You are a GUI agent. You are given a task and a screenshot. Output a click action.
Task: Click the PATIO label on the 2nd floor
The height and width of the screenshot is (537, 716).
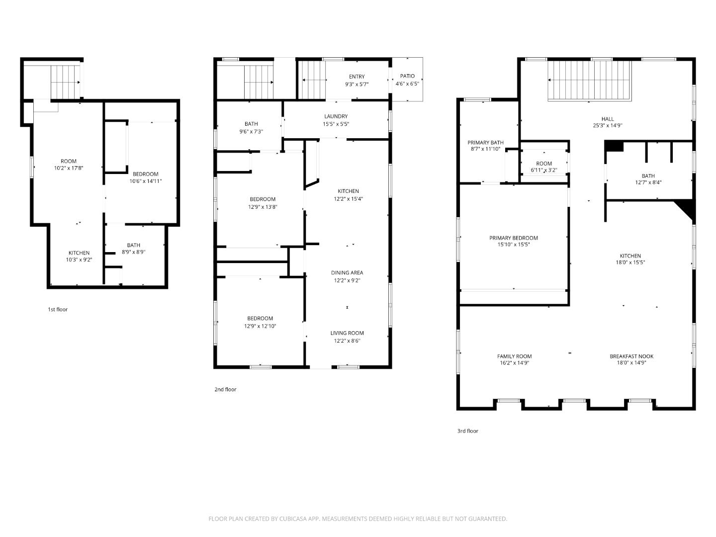pos(407,76)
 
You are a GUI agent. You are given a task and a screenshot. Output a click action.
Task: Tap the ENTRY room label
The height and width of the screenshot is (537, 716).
pos(357,77)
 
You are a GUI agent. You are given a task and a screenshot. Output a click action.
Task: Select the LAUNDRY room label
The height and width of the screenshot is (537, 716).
pos(336,116)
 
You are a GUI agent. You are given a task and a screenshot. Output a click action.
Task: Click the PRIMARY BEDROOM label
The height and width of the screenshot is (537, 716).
pos(513,238)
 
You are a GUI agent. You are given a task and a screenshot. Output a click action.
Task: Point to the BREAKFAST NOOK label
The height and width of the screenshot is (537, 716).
pos(631,356)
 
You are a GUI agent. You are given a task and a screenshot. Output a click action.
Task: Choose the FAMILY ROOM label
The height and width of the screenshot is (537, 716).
pos(514,356)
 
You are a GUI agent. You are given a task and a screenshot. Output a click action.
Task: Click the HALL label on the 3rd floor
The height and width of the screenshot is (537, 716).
pos(607,119)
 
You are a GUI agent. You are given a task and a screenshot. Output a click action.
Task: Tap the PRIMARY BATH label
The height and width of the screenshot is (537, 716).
pos(485,143)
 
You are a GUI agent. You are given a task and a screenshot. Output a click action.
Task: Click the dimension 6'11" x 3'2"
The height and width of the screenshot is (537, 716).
pos(544,171)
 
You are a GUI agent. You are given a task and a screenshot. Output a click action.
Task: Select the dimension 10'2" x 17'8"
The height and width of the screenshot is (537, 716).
pos(69,168)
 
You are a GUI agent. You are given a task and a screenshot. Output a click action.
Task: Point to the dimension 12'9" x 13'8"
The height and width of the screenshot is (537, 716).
pos(263,206)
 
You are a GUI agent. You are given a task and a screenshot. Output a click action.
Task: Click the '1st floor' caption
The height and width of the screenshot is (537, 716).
pos(58,309)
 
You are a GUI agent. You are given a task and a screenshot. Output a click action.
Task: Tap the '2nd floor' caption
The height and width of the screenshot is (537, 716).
pos(225,389)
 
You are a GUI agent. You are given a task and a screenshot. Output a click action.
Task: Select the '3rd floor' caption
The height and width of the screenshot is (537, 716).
pos(467,431)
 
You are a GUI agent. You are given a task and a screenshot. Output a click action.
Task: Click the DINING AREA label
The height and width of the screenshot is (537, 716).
pos(347,272)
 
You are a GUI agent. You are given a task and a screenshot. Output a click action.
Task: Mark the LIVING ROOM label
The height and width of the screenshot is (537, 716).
pos(347,333)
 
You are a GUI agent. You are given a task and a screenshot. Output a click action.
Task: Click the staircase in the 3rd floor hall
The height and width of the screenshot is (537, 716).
pos(589,81)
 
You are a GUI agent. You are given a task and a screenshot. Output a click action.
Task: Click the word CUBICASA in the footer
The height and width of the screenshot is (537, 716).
pos(289,519)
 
